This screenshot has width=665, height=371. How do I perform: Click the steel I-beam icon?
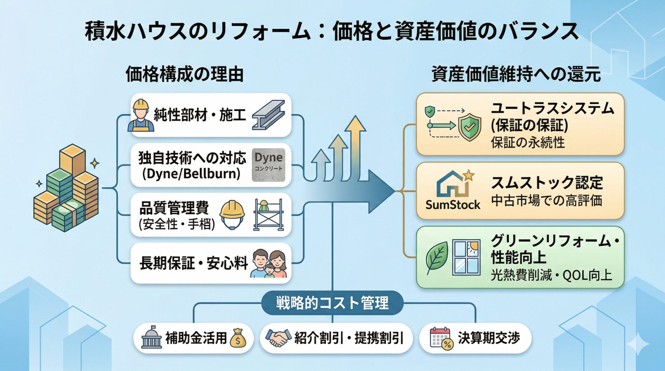[x=269, y=115]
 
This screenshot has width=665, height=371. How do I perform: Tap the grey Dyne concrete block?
[x=268, y=165]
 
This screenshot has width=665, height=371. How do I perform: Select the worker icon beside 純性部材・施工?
[x=141, y=115]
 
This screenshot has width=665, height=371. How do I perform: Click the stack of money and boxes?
[x=66, y=188]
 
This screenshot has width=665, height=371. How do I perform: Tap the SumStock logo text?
[x=453, y=205]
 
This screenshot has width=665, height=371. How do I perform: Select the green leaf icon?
[x=437, y=258]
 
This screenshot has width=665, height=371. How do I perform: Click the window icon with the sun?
[x=466, y=257]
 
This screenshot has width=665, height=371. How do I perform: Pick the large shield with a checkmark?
[x=470, y=127]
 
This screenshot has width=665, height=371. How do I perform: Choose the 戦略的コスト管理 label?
[x=332, y=303]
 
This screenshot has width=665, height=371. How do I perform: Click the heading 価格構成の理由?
[x=184, y=74]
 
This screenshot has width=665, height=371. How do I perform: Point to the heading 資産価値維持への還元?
[x=516, y=74]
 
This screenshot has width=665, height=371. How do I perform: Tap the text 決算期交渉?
[x=489, y=338]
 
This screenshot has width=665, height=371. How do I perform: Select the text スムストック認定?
[x=547, y=183]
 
